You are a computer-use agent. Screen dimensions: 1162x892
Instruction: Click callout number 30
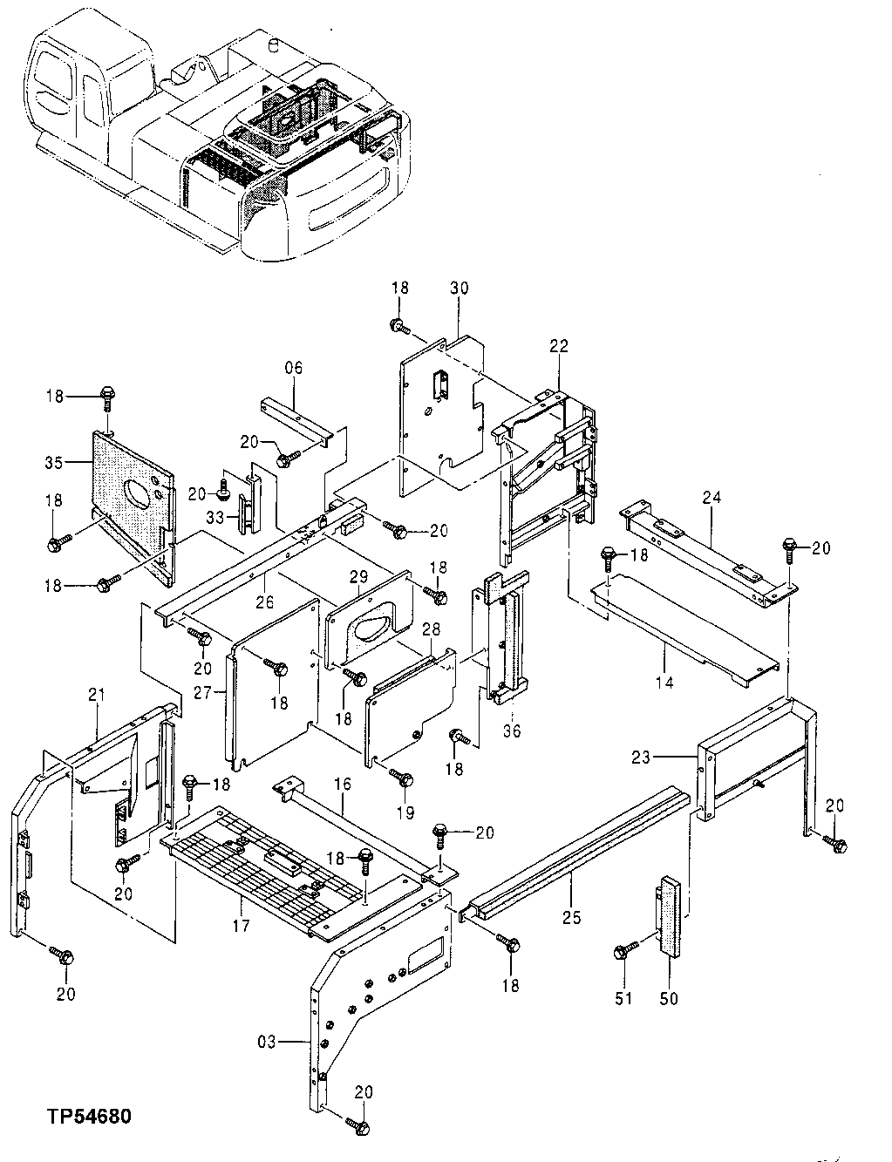point(459,288)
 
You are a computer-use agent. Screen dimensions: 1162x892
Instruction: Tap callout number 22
point(558,346)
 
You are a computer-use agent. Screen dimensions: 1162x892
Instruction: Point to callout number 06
point(294,369)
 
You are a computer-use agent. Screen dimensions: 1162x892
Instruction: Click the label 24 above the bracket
point(712,499)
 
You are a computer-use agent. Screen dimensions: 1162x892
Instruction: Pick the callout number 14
point(664,683)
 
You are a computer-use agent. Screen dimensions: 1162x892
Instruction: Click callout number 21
point(96,695)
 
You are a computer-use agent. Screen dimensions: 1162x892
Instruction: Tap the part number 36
point(512,730)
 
